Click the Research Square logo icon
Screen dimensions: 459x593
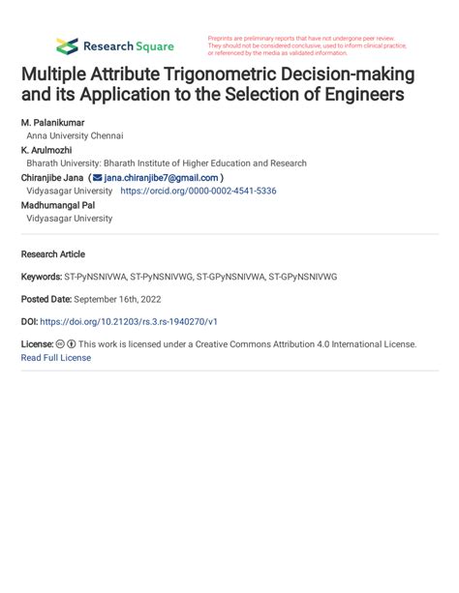click(x=67, y=45)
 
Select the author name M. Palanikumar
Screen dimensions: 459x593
click(x=52, y=123)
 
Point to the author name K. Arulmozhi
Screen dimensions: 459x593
click(x=46, y=151)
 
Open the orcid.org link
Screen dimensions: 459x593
click(x=198, y=192)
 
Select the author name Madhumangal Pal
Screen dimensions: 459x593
click(x=59, y=205)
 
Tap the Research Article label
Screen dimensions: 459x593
click(x=52, y=254)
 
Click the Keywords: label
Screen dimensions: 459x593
click(x=41, y=277)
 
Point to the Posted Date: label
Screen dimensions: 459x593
click(x=46, y=299)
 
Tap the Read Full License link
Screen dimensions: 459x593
click(x=56, y=358)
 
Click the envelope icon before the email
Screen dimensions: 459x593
click(x=97, y=178)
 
